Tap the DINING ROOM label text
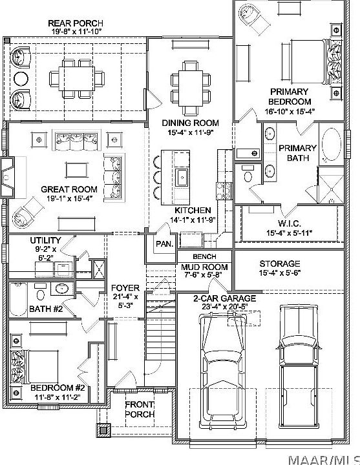[190, 123]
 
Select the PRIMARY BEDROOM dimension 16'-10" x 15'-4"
[290, 111]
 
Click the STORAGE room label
[279, 263]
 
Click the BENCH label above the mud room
[195, 256]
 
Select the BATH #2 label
[46, 309]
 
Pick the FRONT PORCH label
[139, 409]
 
